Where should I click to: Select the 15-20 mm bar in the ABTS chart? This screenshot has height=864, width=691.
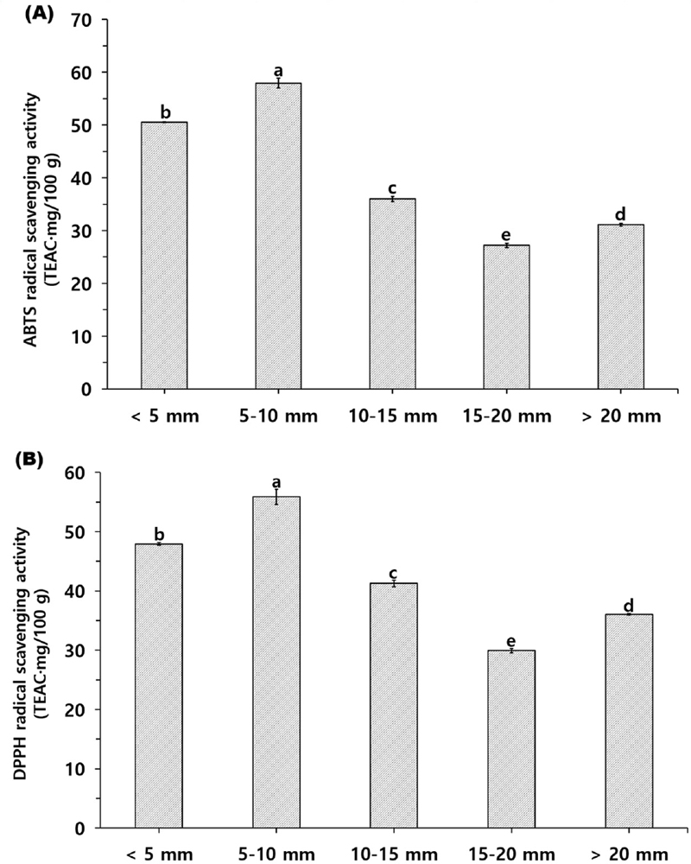pyautogui.click(x=505, y=316)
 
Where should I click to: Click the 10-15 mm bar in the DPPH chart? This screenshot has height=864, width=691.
pyautogui.click(x=393, y=705)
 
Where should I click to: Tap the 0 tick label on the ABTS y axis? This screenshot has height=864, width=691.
pyautogui.click(x=87, y=389)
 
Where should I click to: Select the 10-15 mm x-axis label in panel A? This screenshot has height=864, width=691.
pyautogui.click(x=392, y=417)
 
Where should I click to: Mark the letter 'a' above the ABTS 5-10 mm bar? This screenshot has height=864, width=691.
pyautogui.click(x=278, y=70)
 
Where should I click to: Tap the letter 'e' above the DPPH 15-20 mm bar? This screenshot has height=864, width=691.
pyautogui.click(x=510, y=641)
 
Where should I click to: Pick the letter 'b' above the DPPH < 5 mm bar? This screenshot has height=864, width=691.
pyautogui.click(x=159, y=533)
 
